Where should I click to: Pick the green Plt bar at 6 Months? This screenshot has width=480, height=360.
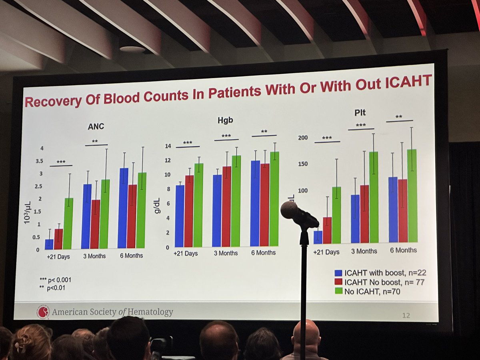pyautogui.click(x=412, y=196)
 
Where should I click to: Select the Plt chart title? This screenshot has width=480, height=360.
pyautogui.click(x=360, y=113)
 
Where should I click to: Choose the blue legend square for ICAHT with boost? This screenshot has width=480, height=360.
pyautogui.click(x=338, y=273)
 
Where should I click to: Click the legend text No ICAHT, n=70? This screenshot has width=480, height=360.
pyautogui.click(x=372, y=292)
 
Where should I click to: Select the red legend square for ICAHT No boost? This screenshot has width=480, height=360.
pyautogui.click(x=338, y=282)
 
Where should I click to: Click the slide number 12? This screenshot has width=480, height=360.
pyautogui.click(x=406, y=316)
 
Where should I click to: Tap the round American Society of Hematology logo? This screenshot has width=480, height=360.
pyautogui.click(x=43, y=312)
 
